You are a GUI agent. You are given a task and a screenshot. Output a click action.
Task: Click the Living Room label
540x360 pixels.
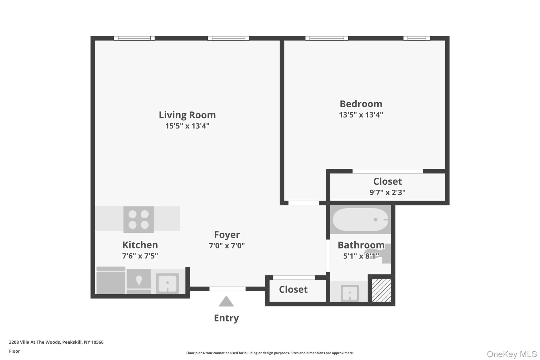[187, 115]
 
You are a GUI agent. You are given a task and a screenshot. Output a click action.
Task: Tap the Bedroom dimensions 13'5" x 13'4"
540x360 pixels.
[361, 115]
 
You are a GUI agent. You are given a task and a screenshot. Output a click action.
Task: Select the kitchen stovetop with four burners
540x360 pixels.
[138, 219]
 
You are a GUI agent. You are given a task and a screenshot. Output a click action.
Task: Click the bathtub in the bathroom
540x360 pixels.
[360, 220]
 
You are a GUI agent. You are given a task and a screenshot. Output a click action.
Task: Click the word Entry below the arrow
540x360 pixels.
[226, 318]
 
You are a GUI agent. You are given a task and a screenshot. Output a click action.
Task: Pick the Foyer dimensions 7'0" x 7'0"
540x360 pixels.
[226, 246]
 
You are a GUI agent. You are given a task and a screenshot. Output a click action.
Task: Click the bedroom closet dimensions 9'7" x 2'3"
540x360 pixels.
[387, 193]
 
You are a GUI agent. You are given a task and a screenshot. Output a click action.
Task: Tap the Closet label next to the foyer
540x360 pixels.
[293, 290]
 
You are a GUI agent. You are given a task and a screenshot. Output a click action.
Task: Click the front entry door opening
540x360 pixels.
[227, 289]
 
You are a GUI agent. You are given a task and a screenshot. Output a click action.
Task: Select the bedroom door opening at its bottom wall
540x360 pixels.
[303, 203]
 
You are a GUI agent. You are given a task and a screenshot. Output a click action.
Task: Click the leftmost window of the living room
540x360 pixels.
[134, 38]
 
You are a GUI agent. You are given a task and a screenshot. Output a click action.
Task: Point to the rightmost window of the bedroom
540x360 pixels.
[417, 38]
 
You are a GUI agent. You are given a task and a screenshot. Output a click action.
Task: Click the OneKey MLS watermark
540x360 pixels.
[512, 354]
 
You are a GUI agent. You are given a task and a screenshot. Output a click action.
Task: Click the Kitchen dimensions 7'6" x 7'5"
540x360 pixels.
[140, 256]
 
